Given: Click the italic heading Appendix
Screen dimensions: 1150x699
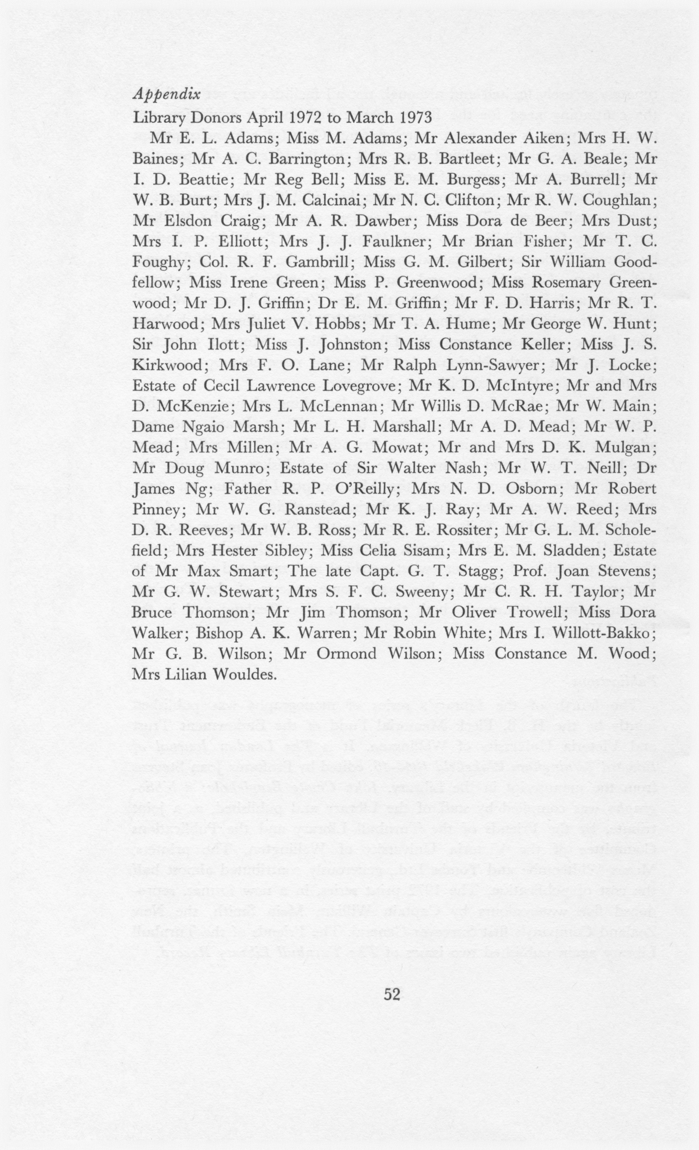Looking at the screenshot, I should [x=167, y=95].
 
